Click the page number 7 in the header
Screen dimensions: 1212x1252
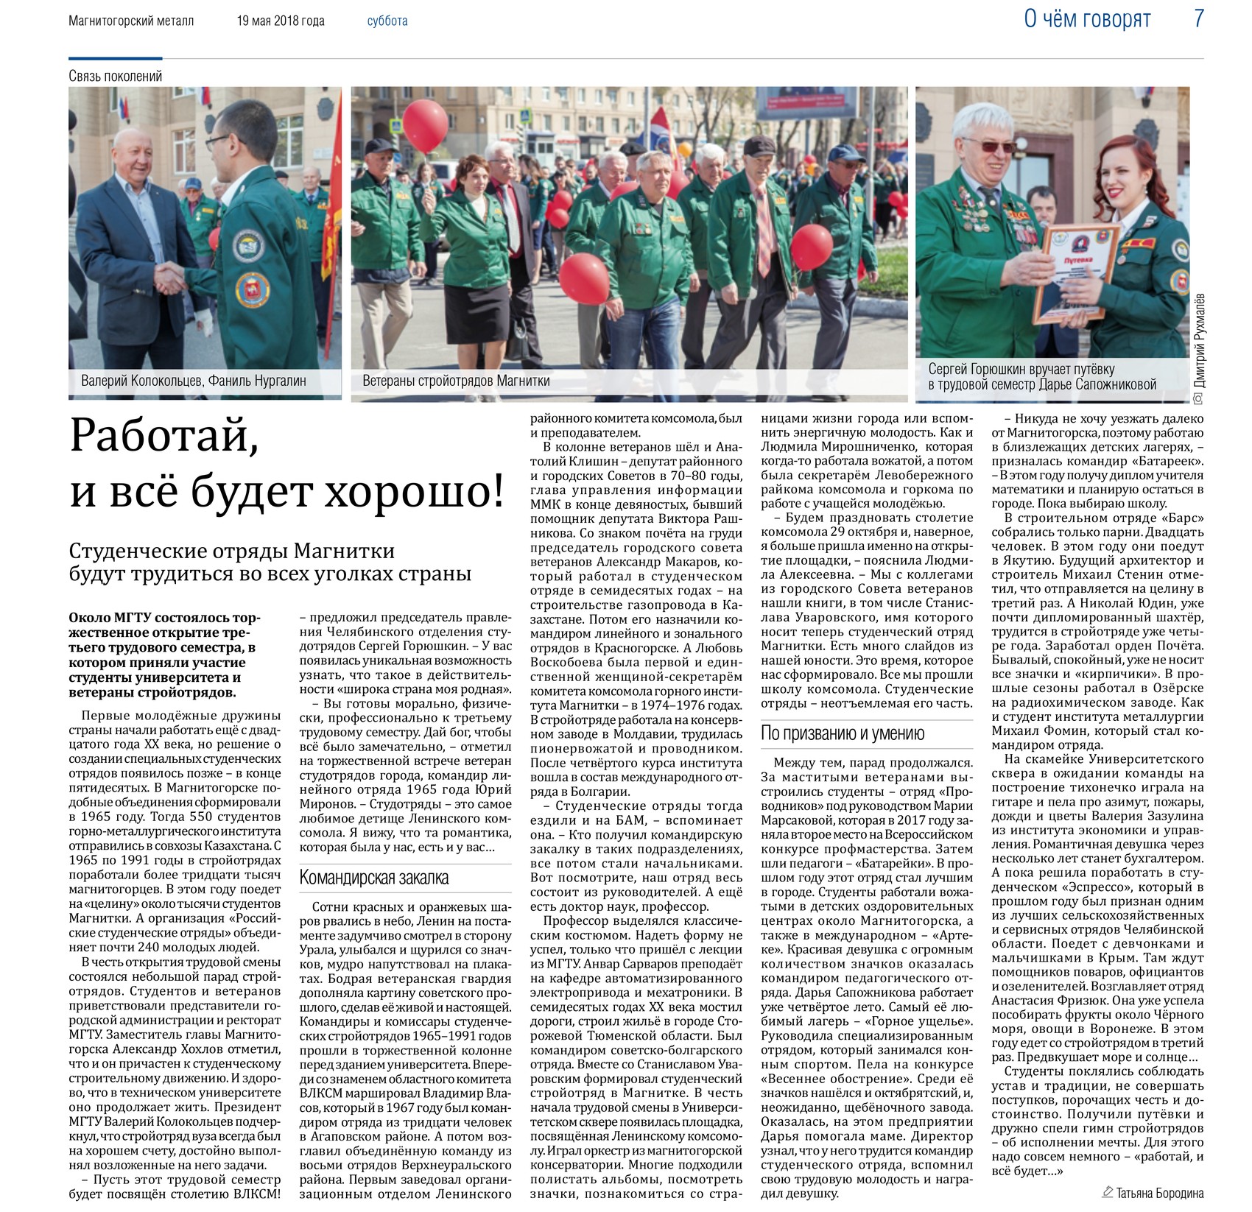(1198, 18)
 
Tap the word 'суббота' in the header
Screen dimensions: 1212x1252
(387, 21)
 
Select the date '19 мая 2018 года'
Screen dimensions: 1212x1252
(281, 21)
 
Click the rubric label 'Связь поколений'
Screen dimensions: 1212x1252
(116, 76)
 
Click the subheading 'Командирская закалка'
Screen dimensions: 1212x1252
(373, 878)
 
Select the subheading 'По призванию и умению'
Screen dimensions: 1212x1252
(842, 733)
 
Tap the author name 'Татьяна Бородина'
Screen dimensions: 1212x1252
(1159, 1193)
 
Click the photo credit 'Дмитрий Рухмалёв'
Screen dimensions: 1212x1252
(1200, 341)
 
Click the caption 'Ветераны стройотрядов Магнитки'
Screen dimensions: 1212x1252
(456, 381)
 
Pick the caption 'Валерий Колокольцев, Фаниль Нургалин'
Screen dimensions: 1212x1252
(194, 381)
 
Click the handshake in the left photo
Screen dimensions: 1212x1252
(171, 278)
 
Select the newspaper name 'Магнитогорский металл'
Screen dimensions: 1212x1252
(131, 21)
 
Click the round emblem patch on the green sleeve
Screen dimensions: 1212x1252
(253, 289)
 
